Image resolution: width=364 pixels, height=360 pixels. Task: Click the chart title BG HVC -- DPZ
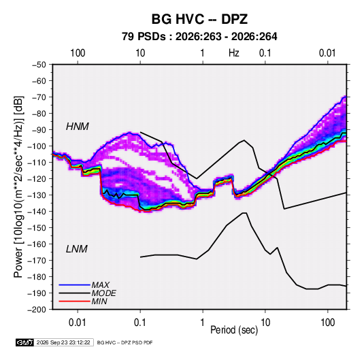pos(199,19)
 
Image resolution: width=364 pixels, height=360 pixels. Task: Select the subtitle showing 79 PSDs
pos(199,37)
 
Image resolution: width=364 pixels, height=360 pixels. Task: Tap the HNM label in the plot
pos(78,127)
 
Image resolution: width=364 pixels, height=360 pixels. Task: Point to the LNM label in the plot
pos(77,249)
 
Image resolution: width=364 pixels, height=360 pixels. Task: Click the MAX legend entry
pos(101,285)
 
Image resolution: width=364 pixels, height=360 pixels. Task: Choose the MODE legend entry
pos(104,293)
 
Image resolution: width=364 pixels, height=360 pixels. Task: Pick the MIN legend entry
pos(99,301)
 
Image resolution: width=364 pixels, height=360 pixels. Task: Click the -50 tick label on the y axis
pos(39,65)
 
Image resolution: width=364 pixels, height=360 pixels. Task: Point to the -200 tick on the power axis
pos(37,310)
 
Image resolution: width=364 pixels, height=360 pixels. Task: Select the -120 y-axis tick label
pos(37,179)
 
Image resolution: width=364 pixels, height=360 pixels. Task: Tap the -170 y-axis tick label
pos(37,261)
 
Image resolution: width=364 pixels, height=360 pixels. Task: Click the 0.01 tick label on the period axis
pos(78,323)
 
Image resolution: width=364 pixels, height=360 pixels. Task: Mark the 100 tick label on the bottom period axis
pos(328,323)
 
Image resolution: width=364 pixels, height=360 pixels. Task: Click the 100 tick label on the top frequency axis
pos(78,53)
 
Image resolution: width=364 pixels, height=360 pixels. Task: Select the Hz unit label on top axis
pos(234,53)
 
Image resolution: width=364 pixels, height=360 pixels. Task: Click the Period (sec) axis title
pos(234,330)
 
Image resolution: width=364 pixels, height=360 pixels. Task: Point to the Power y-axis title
pos(18,187)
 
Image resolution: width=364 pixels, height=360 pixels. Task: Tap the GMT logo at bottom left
pos(25,342)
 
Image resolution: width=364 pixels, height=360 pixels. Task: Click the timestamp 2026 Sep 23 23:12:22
pos(63,342)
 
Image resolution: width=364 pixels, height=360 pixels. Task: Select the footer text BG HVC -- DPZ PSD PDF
pos(125,342)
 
